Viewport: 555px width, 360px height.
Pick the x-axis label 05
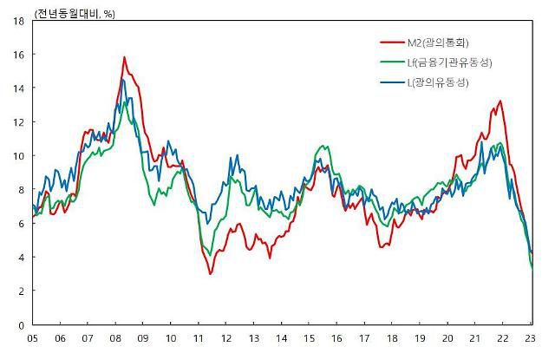point(32,338)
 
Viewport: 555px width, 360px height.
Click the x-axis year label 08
point(115,338)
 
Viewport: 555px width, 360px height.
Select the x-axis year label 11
point(199,338)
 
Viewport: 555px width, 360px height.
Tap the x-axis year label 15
point(309,338)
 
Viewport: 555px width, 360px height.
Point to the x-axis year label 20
point(447,338)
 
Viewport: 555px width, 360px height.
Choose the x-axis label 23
point(531,338)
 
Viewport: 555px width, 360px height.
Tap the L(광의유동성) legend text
point(438,82)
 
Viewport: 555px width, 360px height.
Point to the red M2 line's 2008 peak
point(124,58)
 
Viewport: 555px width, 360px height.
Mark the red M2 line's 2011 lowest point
point(210,273)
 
